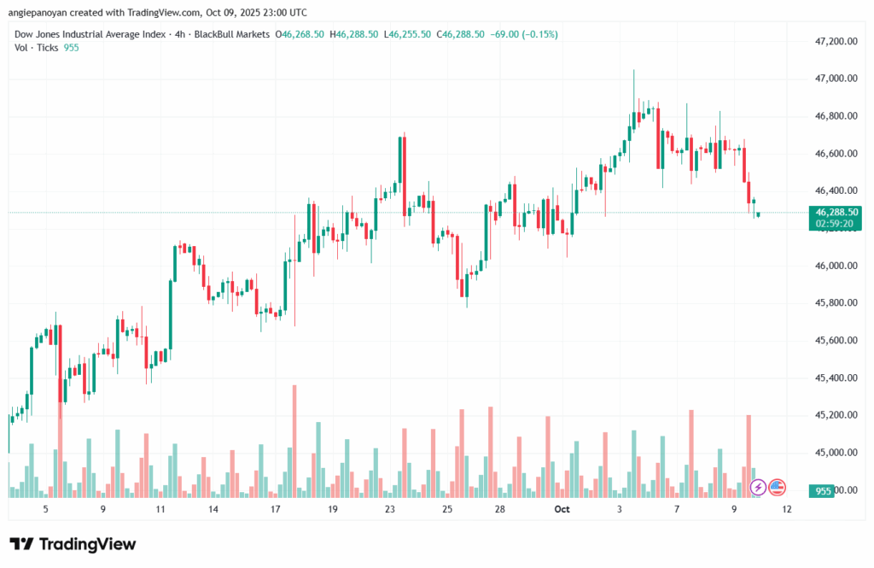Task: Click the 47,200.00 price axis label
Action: pyautogui.click(x=836, y=41)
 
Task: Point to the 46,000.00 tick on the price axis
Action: pyautogui.click(x=836, y=266)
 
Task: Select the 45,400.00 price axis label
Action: pyautogui.click(x=836, y=378)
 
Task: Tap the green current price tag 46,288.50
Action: pyautogui.click(x=836, y=212)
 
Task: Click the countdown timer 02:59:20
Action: pyautogui.click(x=836, y=223)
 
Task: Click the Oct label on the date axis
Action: pyautogui.click(x=561, y=509)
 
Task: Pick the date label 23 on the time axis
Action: pyautogui.click(x=390, y=509)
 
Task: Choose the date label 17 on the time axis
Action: pyautogui.click(x=275, y=509)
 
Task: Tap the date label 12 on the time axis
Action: pyautogui.click(x=786, y=509)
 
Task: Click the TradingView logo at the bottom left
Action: pyautogui.click(x=73, y=544)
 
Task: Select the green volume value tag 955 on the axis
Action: pyautogui.click(x=824, y=491)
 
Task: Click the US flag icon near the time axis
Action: pyautogui.click(x=777, y=488)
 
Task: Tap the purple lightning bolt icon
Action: pyautogui.click(x=758, y=488)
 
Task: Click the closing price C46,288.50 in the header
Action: pyautogui.click(x=461, y=34)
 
